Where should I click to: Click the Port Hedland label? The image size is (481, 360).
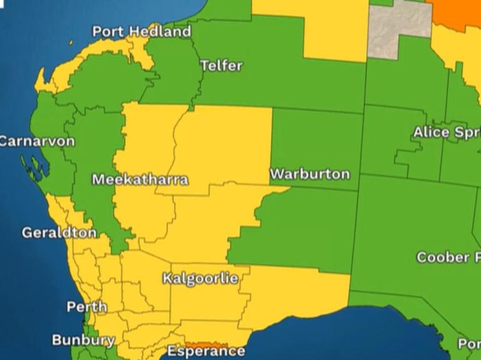142,31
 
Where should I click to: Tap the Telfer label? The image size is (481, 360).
221,66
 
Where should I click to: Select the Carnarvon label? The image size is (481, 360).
36,141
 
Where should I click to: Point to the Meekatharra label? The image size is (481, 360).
140,180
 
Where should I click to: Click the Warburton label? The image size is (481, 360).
309,174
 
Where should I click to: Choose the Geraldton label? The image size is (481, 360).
59,233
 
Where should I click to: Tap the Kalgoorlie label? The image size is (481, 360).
200,279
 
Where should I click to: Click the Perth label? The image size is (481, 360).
86,307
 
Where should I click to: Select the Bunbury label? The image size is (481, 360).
83,341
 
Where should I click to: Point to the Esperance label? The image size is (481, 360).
205,351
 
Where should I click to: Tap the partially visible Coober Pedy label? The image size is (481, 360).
448,257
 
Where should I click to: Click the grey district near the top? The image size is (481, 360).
398,28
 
